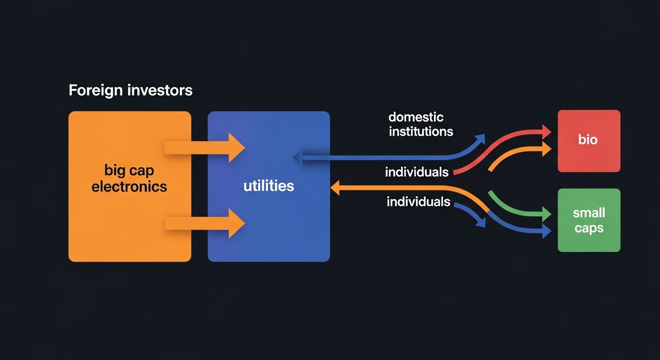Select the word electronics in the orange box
coord(129,187)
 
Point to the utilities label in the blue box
coord(269,186)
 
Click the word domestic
coord(416,117)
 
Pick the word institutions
coord(421,131)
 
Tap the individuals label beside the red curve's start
coord(417,172)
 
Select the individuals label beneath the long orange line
coord(418,202)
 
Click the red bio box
coord(589,141)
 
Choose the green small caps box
coord(589,220)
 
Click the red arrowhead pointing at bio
coord(546,132)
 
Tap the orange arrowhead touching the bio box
coord(546,150)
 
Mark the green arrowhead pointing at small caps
coord(546,215)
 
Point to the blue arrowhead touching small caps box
coord(546,231)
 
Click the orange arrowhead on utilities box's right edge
coord(336,188)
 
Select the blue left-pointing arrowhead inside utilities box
coord(298,157)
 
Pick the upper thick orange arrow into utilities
coord(205,148)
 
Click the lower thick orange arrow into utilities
coord(205,224)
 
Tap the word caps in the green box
coord(589,229)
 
